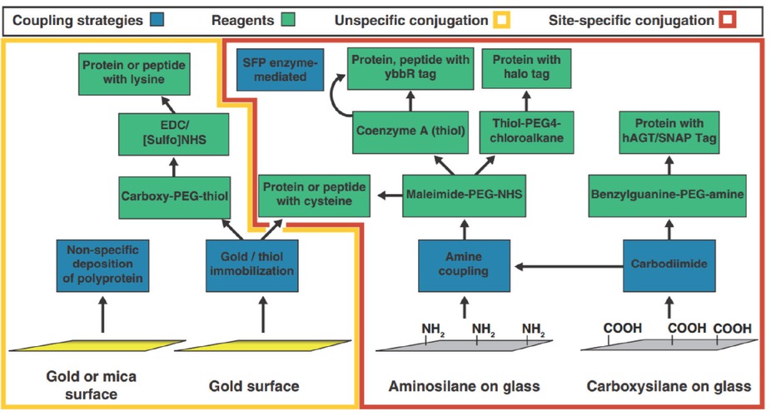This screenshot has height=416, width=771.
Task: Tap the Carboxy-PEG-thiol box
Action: pos(175,196)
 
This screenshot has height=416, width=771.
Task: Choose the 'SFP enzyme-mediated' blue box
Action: pos(274,71)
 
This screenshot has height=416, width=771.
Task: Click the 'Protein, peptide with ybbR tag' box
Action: pos(410,69)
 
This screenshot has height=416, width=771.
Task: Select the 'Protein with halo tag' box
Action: pos(525,69)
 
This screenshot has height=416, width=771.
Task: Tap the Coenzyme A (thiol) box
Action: pos(409,131)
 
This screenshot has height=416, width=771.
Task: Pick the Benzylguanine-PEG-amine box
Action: pos(667,196)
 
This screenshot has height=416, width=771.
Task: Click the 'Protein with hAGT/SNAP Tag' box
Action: pos(668,131)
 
